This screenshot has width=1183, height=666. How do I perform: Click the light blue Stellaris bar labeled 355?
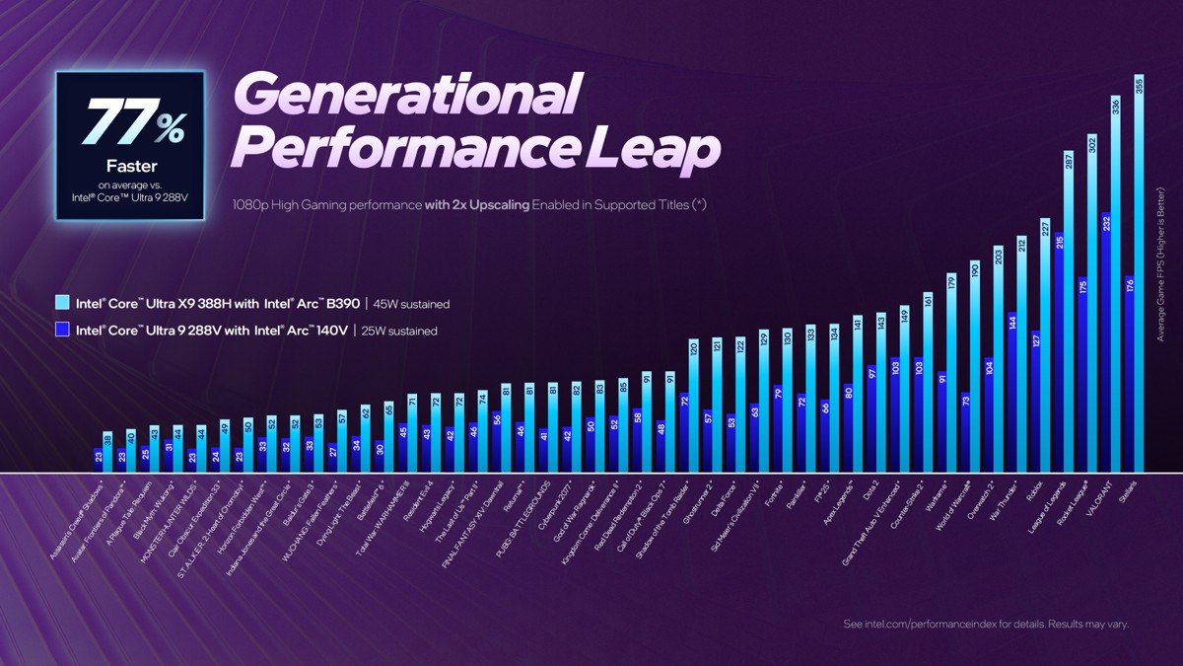point(1140,276)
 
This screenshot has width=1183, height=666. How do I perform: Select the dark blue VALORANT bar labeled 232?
point(1106,345)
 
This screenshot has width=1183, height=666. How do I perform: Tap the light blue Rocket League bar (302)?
point(1091,306)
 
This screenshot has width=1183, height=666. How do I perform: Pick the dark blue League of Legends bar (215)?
point(1059,355)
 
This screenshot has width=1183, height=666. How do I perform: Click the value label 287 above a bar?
point(1068,161)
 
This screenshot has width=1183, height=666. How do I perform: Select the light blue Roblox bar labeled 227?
point(1044,345)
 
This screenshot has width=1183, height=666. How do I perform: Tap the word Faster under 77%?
point(131,166)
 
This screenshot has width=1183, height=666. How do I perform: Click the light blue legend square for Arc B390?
point(62,304)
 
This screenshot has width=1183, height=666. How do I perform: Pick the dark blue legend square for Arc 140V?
point(62,330)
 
